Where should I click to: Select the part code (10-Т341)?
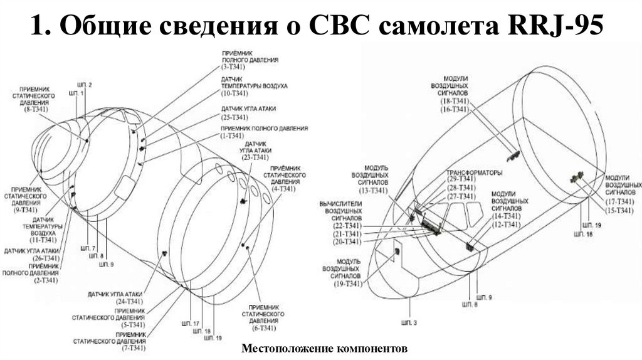(234, 93)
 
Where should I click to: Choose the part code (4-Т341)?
(285, 188)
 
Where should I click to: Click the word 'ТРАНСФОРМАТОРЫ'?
(474, 172)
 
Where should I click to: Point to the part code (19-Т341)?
(349, 284)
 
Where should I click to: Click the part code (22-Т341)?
(348, 225)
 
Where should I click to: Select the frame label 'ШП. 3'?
(409, 322)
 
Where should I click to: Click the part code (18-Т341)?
(454, 100)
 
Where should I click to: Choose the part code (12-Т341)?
(507, 224)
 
